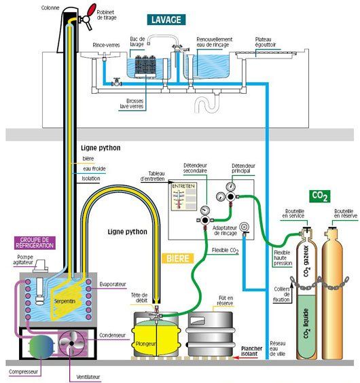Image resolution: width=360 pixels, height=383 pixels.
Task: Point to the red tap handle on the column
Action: coord(87,12)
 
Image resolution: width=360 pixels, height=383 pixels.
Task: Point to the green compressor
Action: coord(36,346)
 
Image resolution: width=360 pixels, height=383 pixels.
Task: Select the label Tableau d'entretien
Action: coord(153,176)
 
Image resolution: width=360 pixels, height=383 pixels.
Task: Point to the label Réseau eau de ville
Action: coord(278,348)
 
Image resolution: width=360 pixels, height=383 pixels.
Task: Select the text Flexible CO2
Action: coord(225,251)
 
